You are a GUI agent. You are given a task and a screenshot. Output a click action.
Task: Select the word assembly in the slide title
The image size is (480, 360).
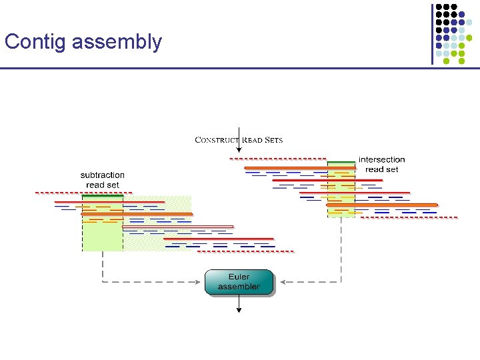tap(117, 43)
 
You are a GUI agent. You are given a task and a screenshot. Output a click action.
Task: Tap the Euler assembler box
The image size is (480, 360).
tap(239, 282)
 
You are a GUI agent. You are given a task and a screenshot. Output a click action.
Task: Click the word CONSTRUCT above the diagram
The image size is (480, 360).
tap(217, 140)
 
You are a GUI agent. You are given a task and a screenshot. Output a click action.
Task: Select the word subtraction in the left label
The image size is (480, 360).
tap(103, 175)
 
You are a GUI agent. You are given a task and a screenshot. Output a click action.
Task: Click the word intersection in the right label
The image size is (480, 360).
tap(381, 160)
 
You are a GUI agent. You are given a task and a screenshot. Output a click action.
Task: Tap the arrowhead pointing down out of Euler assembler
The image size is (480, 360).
tap(239, 309)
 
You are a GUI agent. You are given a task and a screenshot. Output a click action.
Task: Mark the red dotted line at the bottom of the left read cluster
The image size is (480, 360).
tap(247, 251)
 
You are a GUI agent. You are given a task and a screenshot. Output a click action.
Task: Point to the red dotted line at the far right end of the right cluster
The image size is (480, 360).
tap(427, 217)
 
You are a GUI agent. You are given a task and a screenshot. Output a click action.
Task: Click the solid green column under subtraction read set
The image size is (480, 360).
tap(103, 223)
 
